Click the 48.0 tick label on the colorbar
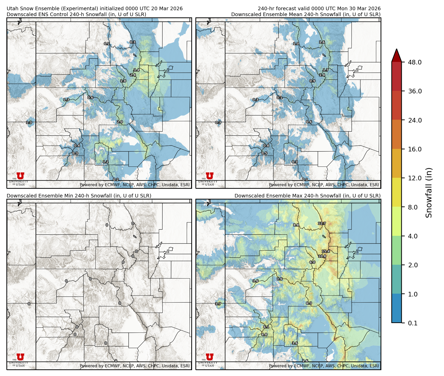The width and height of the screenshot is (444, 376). (x=415, y=62)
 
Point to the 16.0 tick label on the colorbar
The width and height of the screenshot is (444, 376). (x=415, y=149)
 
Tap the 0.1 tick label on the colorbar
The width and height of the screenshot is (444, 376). (x=413, y=323)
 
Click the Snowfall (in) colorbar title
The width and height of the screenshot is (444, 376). (x=429, y=193)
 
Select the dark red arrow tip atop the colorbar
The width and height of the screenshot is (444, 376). (x=396, y=54)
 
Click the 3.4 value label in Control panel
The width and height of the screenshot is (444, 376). (x=137, y=70)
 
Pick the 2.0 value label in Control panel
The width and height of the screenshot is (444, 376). (x=120, y=122)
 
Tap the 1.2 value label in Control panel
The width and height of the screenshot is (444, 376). (x=106, y=162)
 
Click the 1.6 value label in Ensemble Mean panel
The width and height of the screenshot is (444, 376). (x=322, y=42)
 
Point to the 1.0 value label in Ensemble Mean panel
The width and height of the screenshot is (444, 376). (x=296, y=43)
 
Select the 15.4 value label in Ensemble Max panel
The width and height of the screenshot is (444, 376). (x=326, y=251)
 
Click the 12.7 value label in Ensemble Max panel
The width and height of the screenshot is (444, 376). (x=322, y=223)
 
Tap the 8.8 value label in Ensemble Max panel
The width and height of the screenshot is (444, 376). (x=296, y=225)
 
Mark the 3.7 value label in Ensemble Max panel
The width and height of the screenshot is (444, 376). (x=218, y=304)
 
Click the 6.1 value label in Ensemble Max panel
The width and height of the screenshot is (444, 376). (x=266, y=327)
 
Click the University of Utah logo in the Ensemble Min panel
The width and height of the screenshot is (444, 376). (x=20, y=360)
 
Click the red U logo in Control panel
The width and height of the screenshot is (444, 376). (x=20, y=176)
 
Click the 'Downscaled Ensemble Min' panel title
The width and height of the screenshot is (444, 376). (x=79, y=196)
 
